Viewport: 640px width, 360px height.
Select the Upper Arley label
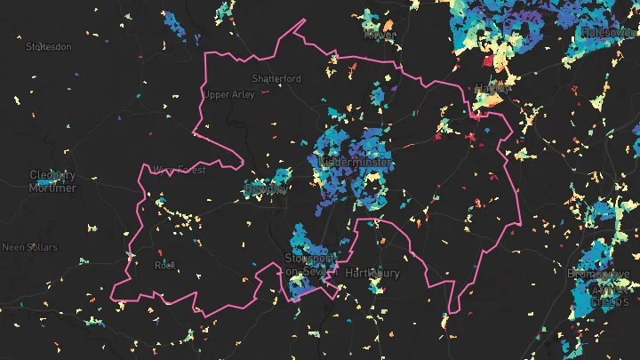(x=229, y=94)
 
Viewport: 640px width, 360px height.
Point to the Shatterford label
(x=276, y=78)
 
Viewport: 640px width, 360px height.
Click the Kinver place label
(x=380, y=35)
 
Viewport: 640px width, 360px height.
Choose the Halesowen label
(x=609, y=32)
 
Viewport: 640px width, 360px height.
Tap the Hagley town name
(x=493, y=88)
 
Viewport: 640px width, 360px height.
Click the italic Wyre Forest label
(x=179, y=169)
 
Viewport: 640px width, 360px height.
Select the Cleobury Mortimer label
(x=52, y=180)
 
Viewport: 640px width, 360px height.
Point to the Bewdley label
(x=266, y=188)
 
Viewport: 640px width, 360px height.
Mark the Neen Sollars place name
(x=29, y=246)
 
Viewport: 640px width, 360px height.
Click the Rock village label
(x=164, y=265)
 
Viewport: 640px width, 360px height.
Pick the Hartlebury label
(x=373, y=272)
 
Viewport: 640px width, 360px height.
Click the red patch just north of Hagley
(x=487, y=62)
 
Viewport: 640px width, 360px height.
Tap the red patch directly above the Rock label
(x=160, y=253)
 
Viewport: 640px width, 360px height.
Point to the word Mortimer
(x=52, y=188)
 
